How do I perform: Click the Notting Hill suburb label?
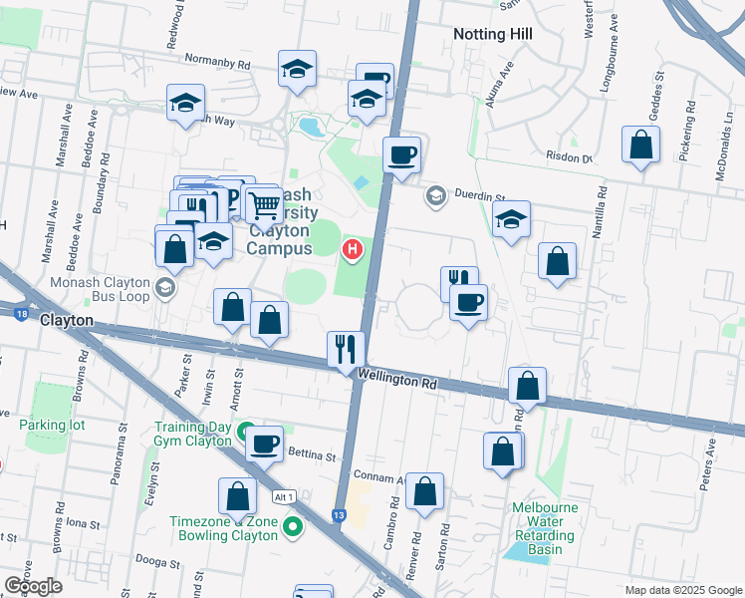click(x=492, y=34)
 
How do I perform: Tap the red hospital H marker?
click(x=352, y=248)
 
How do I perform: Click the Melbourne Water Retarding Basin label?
click(x=545, y=528)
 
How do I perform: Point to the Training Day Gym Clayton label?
click(x=192, y=434)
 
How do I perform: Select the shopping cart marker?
click(x=265, y=205)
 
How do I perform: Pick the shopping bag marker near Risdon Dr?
click(x=640, y=145)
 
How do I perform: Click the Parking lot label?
click(x=52, y=425)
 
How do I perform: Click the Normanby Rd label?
click(x=223, y=63)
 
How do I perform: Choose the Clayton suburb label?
click(x=67, y=321)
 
